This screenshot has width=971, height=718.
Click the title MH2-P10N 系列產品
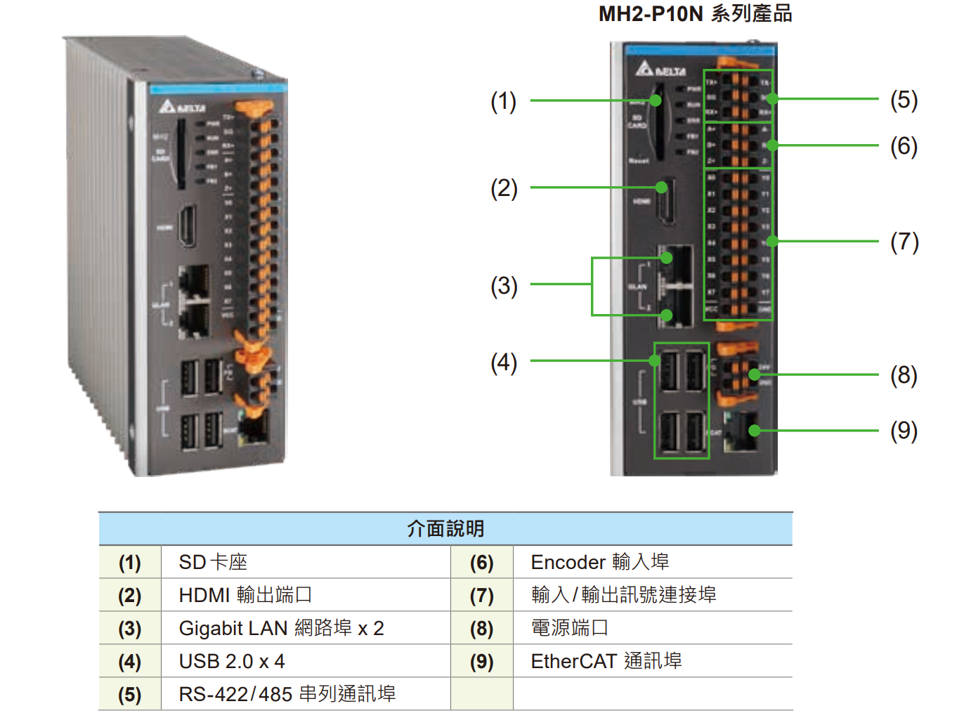tap(695, 14)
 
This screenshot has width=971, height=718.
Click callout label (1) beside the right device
tap(503, 101)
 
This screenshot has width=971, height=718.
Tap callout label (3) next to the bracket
tap(503, 286)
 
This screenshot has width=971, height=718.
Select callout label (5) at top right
tap(904, 100)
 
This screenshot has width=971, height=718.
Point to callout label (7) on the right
tap(904, 242)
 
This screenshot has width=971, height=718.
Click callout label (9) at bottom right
tap(904, 431)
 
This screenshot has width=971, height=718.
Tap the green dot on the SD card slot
tap(656, 100)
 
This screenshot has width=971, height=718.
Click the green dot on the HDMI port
tap(661, 188)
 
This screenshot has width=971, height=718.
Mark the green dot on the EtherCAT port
tap(754, 431)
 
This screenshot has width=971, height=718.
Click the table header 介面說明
tap(445, 528)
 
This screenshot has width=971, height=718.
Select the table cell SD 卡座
tap(213, 562)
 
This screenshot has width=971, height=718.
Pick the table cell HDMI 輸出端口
tap(245, 595)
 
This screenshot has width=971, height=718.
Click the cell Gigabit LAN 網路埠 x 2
tap(281, 628)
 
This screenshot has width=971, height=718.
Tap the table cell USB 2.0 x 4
tap(232, 661)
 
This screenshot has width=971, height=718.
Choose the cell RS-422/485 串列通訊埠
tap(287, 694)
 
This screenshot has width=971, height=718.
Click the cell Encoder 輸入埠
tap(599, 562)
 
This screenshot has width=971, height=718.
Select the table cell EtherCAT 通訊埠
tap(606, 661)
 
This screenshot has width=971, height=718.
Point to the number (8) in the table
tap(481, 628)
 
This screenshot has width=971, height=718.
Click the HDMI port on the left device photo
tap(186, 226)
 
